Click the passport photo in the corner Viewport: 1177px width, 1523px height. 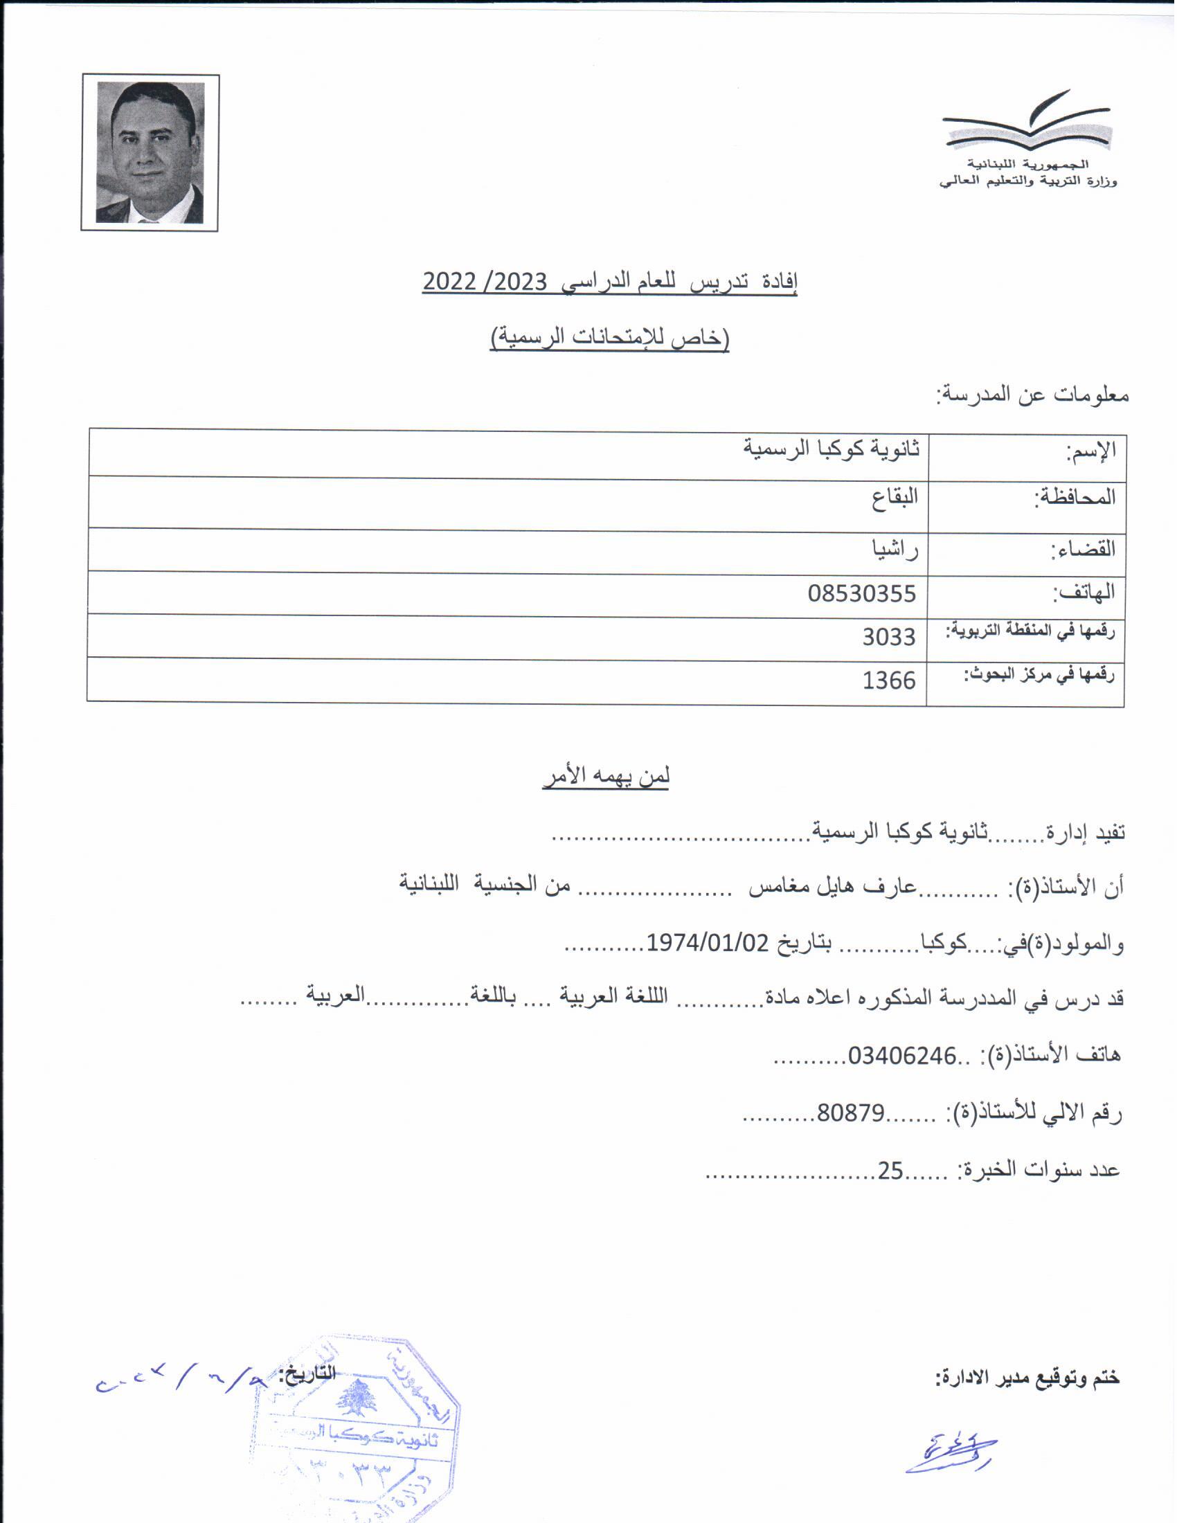coord(150,153)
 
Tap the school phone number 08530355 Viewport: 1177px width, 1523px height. coord(861,593)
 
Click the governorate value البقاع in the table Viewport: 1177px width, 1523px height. coord(895,498)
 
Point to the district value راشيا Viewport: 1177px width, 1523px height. coord(895,550)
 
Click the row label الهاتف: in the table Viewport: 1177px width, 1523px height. coord(1084,593)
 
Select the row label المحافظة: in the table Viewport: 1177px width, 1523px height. coord(1075,497)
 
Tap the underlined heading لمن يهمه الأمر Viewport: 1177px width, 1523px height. coord(606,777)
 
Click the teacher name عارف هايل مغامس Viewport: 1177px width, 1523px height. coord(832,886)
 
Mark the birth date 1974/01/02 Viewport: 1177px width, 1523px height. coord(707,943)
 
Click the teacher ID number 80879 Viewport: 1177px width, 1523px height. coord(851,1112)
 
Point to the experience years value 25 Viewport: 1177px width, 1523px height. coord(890,1169)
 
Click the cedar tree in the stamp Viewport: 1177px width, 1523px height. coord(357,1398)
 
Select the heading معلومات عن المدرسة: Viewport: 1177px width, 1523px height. coord(1032,395)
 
